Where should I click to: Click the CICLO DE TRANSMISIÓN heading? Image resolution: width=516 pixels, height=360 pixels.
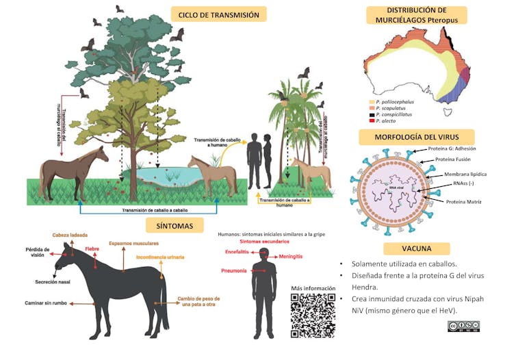(x=218, y=14)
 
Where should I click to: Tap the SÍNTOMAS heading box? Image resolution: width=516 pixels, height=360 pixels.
(x=174, y=225)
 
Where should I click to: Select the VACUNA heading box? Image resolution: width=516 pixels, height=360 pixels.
(x=416, y=248)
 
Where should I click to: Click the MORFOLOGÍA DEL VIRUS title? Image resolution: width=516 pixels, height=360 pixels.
(x=416, y=136)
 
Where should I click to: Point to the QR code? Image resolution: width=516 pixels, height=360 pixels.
(x=313, y=316)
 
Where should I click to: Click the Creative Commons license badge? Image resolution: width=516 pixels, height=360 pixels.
(x=463, y=326)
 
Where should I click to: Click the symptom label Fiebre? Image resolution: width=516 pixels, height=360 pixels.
(x=92, y=248)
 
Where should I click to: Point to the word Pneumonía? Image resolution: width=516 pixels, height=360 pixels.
(x=234, y=270)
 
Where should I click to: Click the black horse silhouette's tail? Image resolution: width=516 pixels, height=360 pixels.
(x=164, y=301)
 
